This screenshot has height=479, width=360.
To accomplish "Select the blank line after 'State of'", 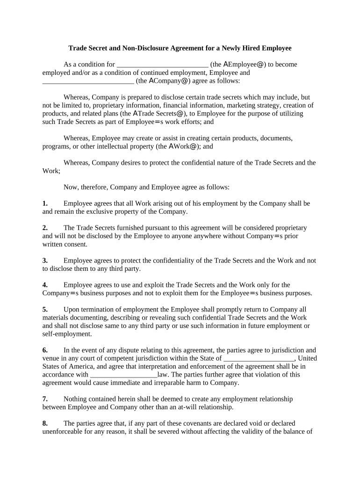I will coord(259,359).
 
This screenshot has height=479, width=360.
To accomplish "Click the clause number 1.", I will coord(45,203).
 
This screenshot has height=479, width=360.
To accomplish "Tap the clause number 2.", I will coord(45,228).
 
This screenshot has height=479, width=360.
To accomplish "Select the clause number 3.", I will coord(45,261).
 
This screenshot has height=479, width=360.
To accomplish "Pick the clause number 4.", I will coord(45,285).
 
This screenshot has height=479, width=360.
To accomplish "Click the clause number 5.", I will coord(45,309).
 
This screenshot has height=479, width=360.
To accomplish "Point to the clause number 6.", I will coord(45,350).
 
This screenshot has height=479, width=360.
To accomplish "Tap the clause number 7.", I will coord(45,399).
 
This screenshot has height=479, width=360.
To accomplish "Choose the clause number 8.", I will coord(45,423).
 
